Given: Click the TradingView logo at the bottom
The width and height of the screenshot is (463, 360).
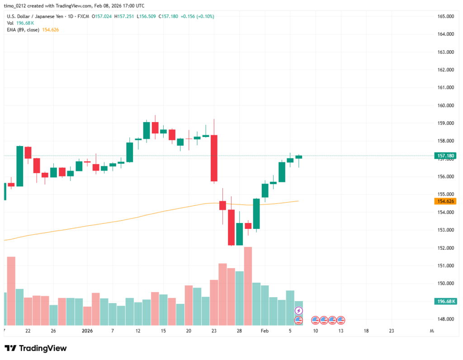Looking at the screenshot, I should (36, 348).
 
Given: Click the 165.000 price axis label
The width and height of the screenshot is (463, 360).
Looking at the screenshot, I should (445, 17).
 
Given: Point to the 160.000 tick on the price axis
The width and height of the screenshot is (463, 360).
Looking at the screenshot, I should (445, 105).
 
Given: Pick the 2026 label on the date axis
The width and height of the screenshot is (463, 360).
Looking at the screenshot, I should (88, 331).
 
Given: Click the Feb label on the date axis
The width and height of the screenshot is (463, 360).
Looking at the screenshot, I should (265, 331).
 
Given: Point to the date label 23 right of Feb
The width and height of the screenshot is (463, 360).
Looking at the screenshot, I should (392, 331).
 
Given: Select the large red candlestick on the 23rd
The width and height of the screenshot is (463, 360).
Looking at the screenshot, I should (214, 158).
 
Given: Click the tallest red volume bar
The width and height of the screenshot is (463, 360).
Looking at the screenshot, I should (248, 286).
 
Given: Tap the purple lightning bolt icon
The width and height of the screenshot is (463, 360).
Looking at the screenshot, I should (298, 311).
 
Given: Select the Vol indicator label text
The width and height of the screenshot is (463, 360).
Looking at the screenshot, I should (10, 23).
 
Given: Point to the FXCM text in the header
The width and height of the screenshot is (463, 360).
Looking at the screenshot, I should (83, 16).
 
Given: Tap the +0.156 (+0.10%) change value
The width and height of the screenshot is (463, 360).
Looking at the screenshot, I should (198, 16).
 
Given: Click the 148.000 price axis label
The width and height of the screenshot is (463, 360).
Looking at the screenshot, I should (445, 319).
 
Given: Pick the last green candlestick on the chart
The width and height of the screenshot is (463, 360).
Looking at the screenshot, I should (298, 157).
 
